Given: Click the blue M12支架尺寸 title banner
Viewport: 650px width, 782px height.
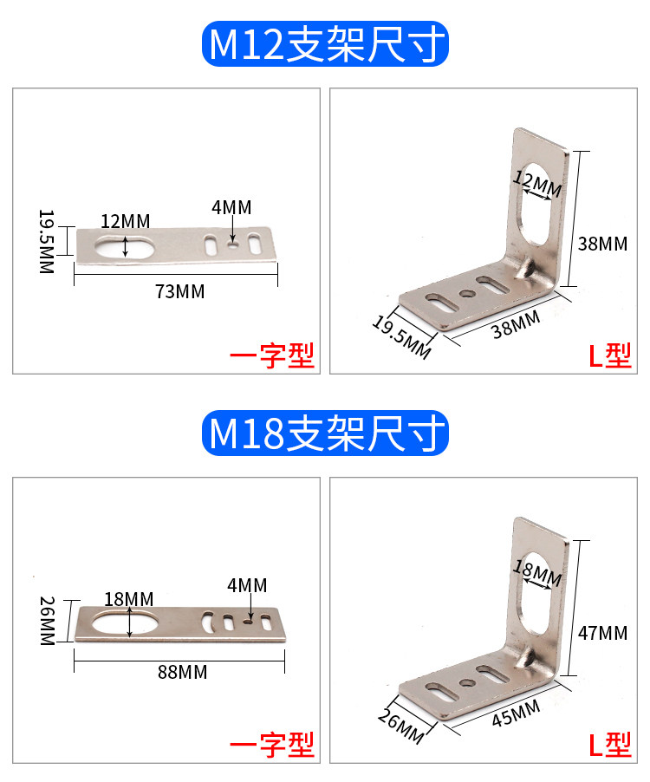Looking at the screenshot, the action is pos(325,44).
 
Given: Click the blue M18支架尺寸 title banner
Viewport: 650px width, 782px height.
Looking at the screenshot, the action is pos(325,433).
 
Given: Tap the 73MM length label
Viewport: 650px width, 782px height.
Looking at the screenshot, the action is pos(180,292).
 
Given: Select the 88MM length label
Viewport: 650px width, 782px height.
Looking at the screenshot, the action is pos(183,672).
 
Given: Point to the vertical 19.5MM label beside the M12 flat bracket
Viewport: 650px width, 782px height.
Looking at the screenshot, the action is pos(46,241).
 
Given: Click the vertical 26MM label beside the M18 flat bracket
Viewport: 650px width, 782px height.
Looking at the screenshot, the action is pos(48,621).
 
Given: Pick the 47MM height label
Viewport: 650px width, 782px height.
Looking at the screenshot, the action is pos(602,634).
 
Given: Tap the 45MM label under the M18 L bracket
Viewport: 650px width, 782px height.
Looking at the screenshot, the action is pos(516,713).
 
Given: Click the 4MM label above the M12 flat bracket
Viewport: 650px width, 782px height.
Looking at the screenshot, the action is pos(231,207).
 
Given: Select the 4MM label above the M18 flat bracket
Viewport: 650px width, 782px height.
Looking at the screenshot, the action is pos(247,585).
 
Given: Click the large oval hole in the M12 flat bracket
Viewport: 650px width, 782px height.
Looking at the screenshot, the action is pos(124,246).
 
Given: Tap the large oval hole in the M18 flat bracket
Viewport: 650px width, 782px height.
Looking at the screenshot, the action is pos(124,623).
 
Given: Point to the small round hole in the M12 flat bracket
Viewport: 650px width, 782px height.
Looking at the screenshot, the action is pos(232,244).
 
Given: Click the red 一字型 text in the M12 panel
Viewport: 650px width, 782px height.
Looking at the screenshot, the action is pos(271,355).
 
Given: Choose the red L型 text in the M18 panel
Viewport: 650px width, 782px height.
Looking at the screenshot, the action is pos(609,745).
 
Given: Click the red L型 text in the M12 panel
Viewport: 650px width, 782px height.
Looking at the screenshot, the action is pos(609,355).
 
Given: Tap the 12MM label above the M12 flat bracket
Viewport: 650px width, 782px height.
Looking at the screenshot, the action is pos(126,221).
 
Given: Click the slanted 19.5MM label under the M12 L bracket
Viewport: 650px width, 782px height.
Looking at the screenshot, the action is pos(402,337).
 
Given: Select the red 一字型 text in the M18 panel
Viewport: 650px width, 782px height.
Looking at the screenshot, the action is pos(271,745).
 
